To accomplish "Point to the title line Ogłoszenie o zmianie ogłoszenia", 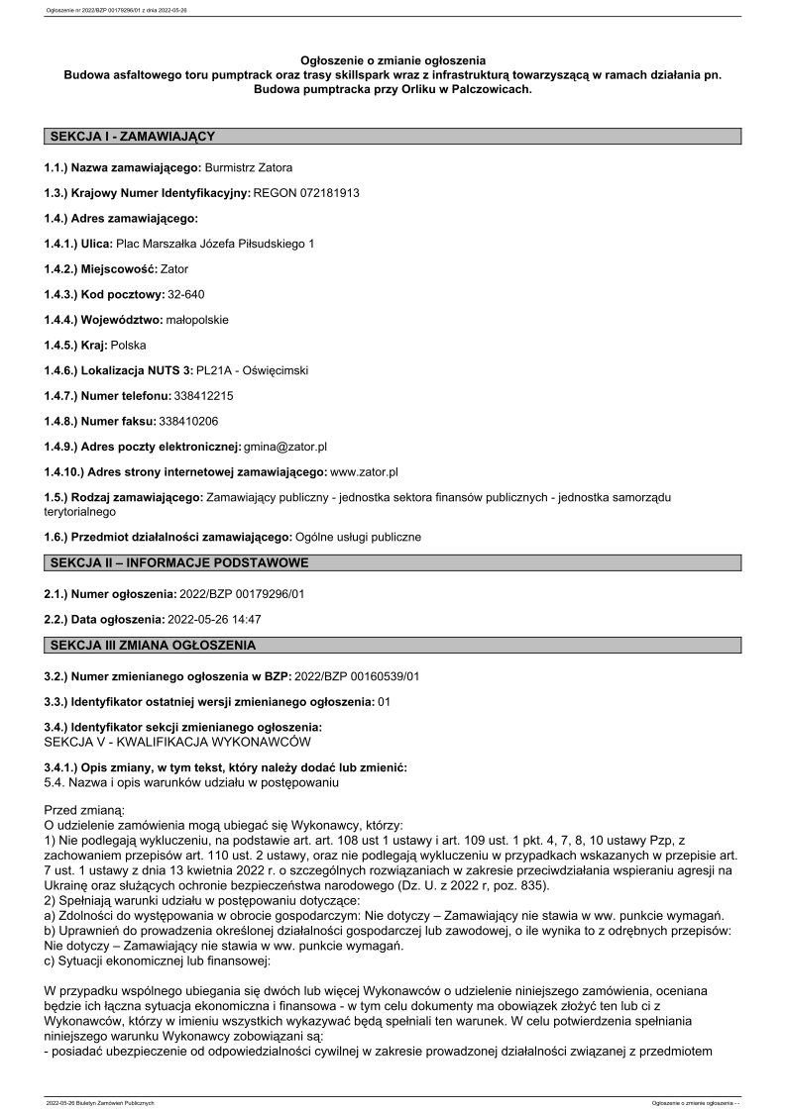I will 393,61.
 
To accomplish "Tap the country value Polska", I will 128,345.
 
